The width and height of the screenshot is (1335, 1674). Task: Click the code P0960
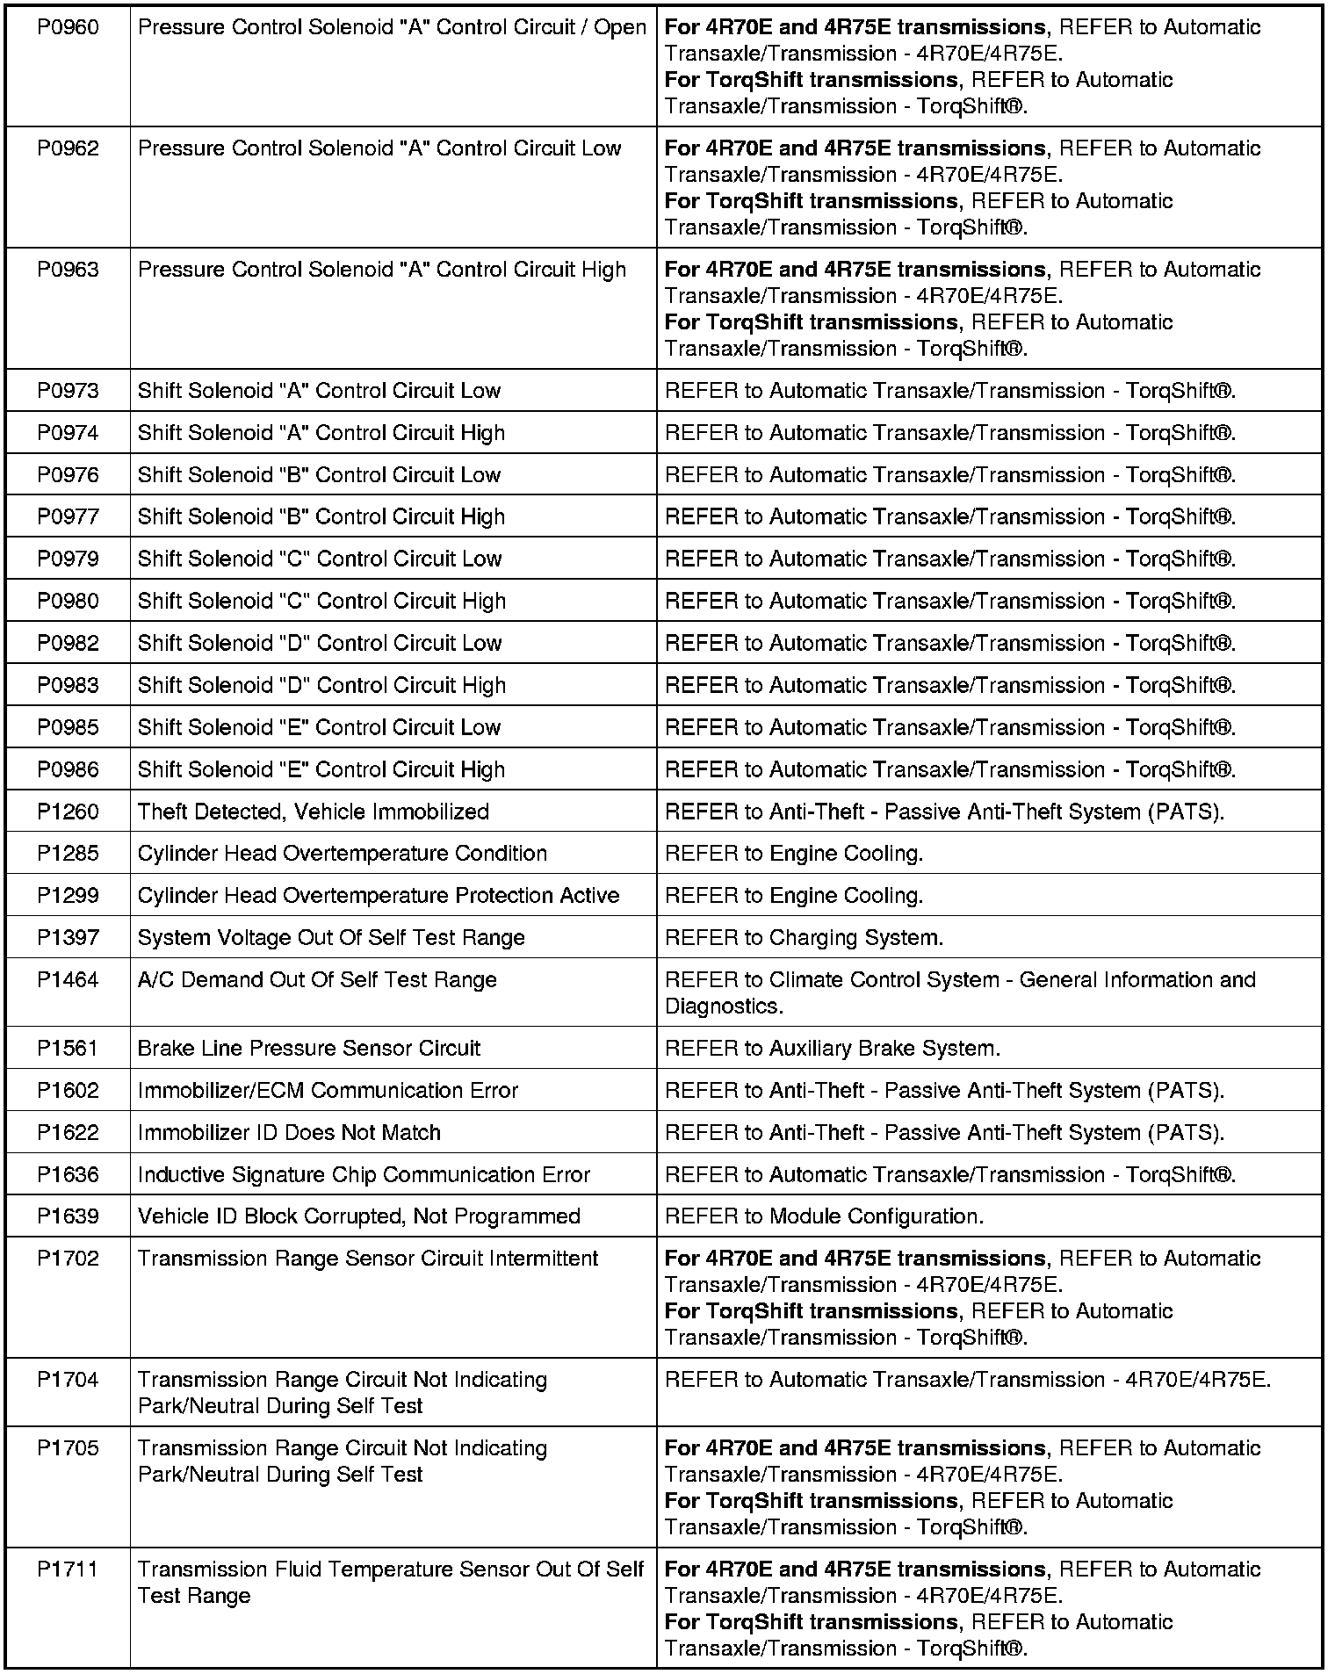68,28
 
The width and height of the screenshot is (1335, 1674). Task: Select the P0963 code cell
68,271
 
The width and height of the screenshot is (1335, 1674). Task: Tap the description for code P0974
321,433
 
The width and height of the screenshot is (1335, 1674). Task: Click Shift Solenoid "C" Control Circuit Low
319,559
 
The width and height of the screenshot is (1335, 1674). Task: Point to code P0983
68,686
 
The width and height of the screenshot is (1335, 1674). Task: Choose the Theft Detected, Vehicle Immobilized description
313,812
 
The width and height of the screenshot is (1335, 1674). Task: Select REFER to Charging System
804,938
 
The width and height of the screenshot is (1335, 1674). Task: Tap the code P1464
68,980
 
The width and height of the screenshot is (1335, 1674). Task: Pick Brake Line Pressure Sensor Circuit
308,1049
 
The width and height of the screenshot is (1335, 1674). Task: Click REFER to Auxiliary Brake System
832,1049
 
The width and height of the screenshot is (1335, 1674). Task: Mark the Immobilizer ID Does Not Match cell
289,1133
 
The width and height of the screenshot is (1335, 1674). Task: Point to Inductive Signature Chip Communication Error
364,1175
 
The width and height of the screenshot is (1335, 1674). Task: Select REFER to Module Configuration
824,1217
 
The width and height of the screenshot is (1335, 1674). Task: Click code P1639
68,1217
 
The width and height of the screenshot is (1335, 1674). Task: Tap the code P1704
68,1381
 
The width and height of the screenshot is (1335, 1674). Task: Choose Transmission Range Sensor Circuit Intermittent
367,1259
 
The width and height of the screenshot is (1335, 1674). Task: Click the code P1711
68,1570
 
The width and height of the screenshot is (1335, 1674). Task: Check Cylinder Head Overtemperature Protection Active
378,896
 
